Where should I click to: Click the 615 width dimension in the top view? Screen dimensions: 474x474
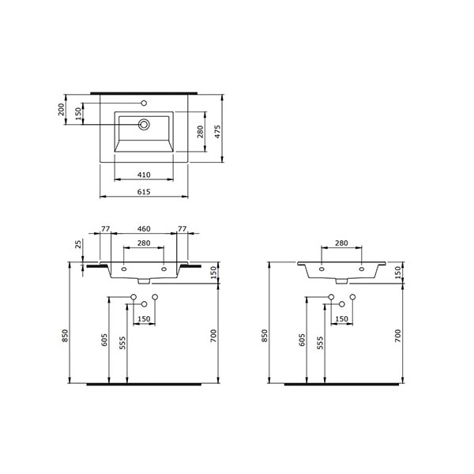point(144,192)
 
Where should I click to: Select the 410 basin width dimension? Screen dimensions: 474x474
point(144,175)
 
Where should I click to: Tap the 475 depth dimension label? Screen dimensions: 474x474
point(218,132)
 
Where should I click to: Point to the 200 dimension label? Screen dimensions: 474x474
point(62,110)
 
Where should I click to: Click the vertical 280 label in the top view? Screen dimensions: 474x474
point(201,132)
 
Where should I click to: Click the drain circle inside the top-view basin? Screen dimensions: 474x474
point(144,124)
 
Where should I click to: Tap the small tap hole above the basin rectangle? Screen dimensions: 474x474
point(145,103)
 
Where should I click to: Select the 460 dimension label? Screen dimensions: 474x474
point(144,229)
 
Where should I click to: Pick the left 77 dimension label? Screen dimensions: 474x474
point(106,229)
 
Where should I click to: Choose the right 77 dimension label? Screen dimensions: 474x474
point(182,229)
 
